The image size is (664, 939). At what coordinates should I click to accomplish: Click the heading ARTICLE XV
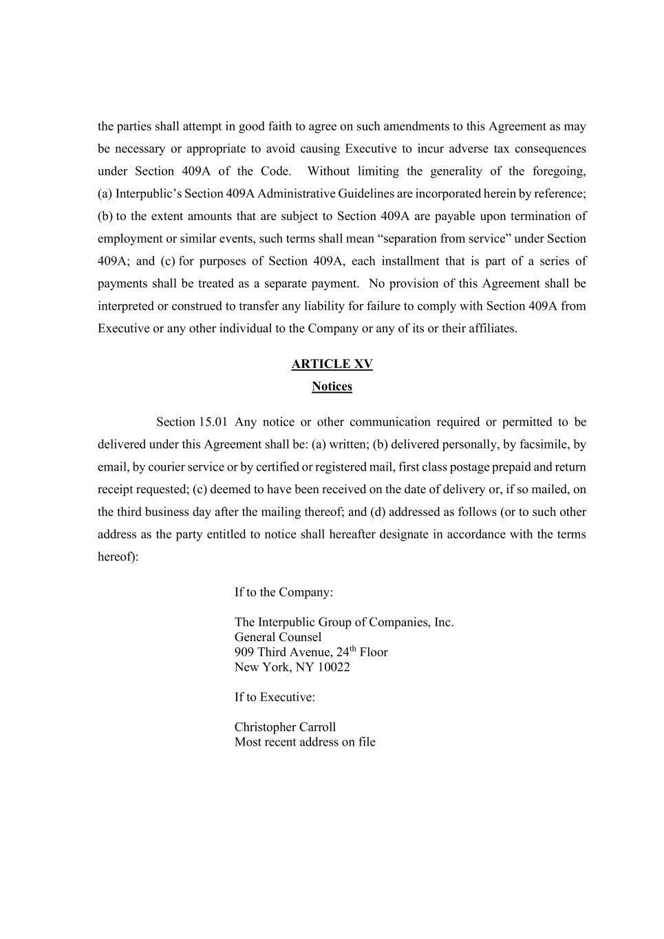[332, 364]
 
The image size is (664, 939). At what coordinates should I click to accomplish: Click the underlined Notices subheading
[332, 387]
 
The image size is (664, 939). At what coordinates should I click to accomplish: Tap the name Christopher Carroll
[285, 727]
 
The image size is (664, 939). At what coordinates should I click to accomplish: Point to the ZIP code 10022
[334, 667]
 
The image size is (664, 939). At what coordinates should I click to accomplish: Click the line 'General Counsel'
[278, 637]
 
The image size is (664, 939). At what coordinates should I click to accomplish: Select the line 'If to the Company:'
[283, 592]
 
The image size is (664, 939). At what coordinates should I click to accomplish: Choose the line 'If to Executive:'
[275, 697]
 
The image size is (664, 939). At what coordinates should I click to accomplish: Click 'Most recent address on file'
[305, 742]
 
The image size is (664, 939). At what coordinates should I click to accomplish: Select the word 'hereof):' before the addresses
[118, 557]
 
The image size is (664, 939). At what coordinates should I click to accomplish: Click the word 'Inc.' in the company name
[443, 623]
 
